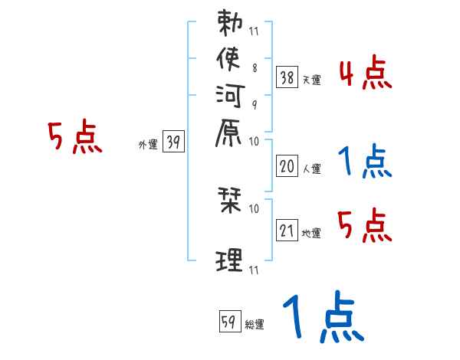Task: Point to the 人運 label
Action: coord(312,169)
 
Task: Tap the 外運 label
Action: coord(148,144)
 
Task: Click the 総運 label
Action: coord(255,324)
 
